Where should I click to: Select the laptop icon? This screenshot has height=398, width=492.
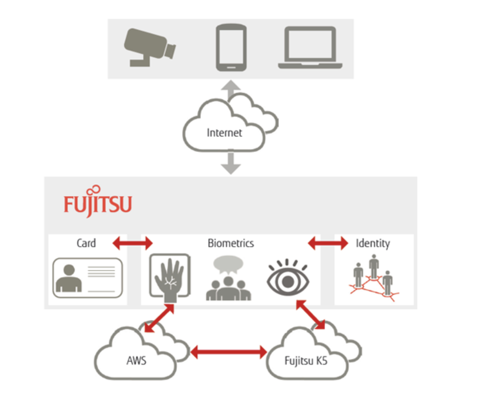pos(310,48)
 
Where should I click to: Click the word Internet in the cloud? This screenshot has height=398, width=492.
pos(224,133)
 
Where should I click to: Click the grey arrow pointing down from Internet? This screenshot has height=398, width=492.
pos(230,163)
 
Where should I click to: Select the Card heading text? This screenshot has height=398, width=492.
pos(86,243)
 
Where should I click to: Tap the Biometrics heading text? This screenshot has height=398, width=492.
pos(230,243)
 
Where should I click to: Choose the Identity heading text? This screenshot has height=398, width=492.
pos(372,243)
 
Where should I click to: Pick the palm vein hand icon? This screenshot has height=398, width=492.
pos(169,277)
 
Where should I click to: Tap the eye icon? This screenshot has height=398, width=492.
pos(287,278)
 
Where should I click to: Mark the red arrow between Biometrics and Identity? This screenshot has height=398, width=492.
pos(327,243)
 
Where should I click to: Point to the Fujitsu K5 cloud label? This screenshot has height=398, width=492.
pos(306,361)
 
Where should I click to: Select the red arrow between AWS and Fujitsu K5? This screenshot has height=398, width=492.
pos(228,351)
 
